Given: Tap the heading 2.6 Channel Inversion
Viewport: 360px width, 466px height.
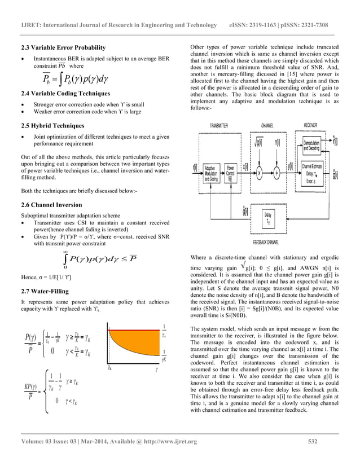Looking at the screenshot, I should click(x=51, y=205).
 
